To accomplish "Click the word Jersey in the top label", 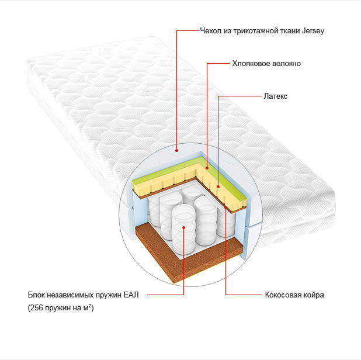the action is [313, 31].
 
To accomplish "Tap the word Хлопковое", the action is [251, 63].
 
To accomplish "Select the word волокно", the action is [286, 63].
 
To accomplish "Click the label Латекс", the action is [275, 96].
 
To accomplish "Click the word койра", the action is [311, 295].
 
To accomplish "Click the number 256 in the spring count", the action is [37, 308].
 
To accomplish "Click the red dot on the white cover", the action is [176, 150].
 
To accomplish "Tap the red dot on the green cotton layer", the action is [207, 168].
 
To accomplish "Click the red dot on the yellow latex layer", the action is [218, 186].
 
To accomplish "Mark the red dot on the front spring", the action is [184, 227].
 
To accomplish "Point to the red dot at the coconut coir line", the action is [226, 207].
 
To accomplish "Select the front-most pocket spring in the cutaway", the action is [183, 230].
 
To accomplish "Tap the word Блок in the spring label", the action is [36, 295].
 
